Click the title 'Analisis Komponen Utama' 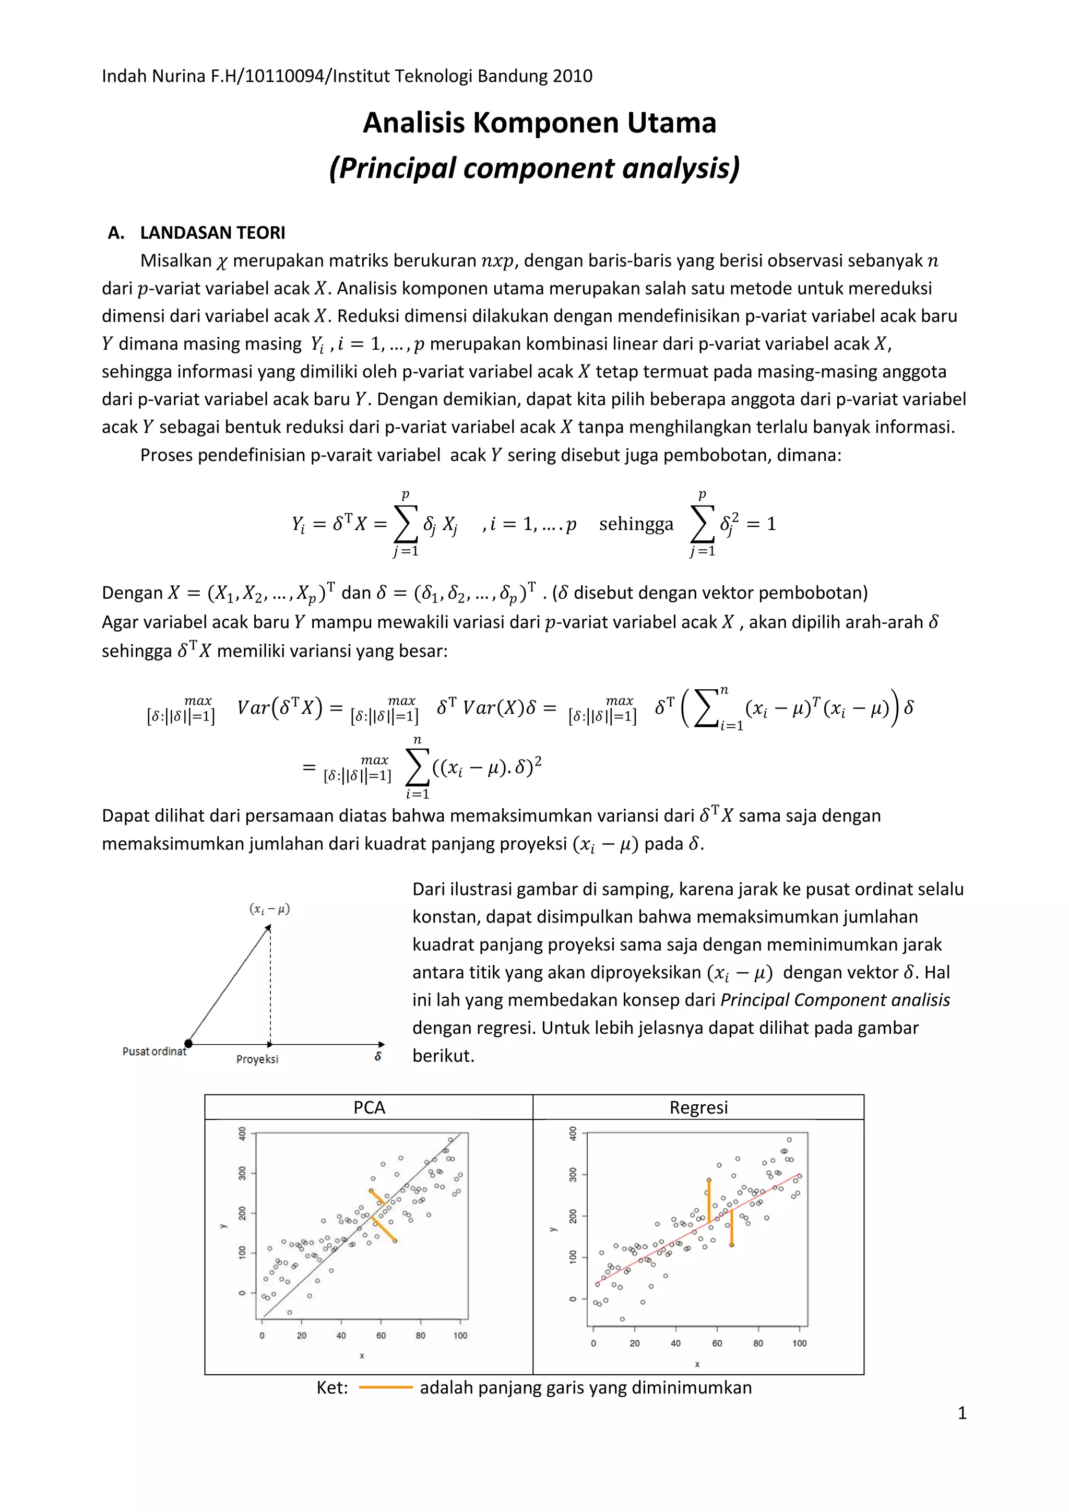(x=539, y=123)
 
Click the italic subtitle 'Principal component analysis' (x=534, y=168)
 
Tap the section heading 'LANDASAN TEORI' (x=212, y=232)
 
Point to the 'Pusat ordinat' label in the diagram (x=154, y=1052)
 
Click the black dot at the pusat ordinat (x=188, y=1043)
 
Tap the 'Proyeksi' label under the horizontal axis (x=257, y=1059)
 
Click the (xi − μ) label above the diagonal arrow (x=269, y=909)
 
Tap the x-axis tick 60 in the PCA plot (x=381, y=1336)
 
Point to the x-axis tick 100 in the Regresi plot (x=799, y=1343)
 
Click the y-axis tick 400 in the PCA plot (x=242, y=1133)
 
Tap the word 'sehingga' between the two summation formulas (x=636, y=524)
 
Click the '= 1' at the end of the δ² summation (x=762, y=524)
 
